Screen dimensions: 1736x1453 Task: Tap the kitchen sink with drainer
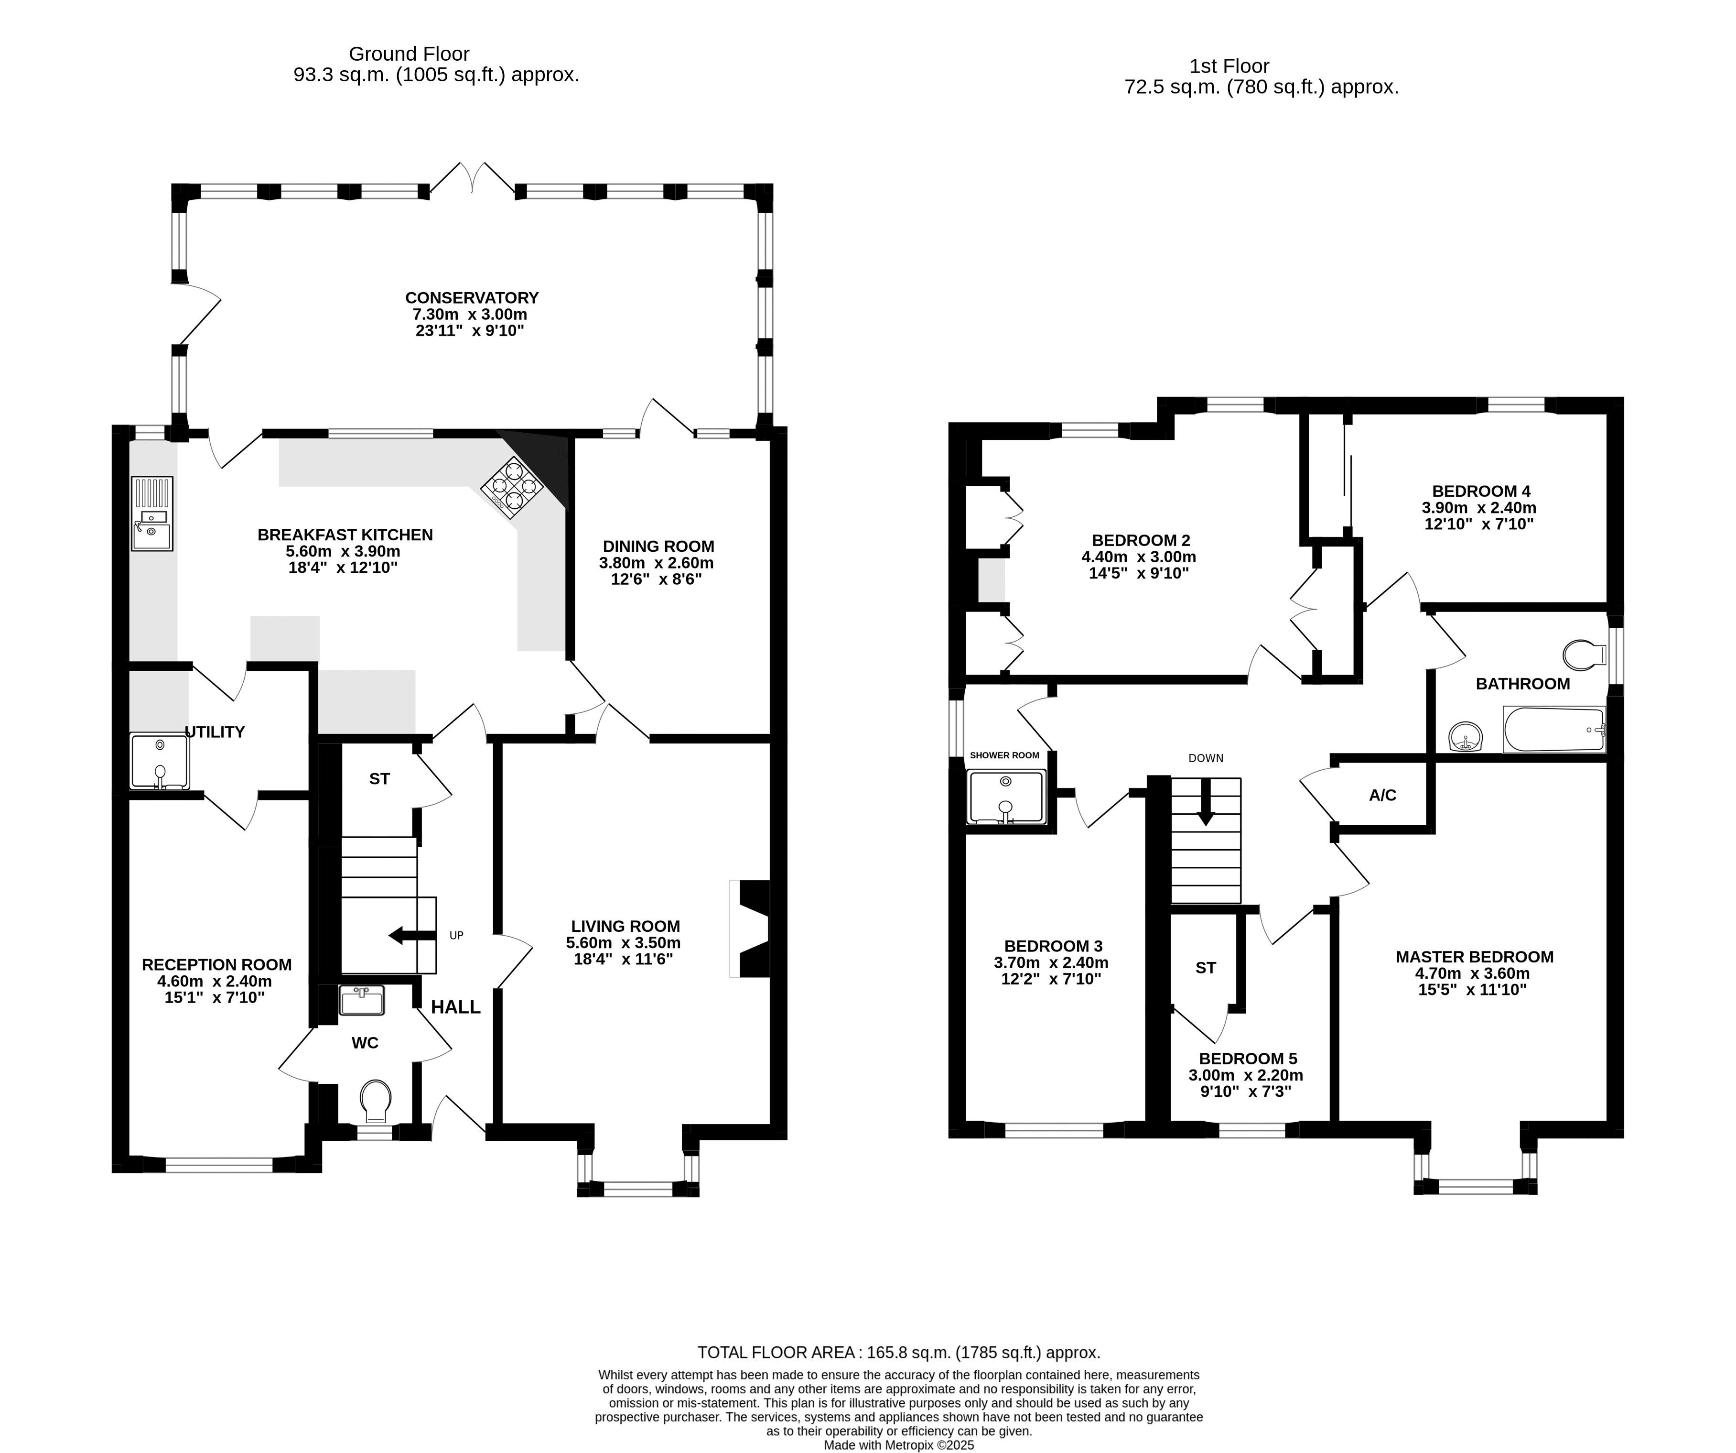pos(152,513)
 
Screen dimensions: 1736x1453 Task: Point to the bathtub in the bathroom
pos(1554,730)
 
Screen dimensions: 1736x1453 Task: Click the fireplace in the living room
pos(750,929)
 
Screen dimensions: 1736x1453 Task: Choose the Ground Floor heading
pos(409,54)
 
